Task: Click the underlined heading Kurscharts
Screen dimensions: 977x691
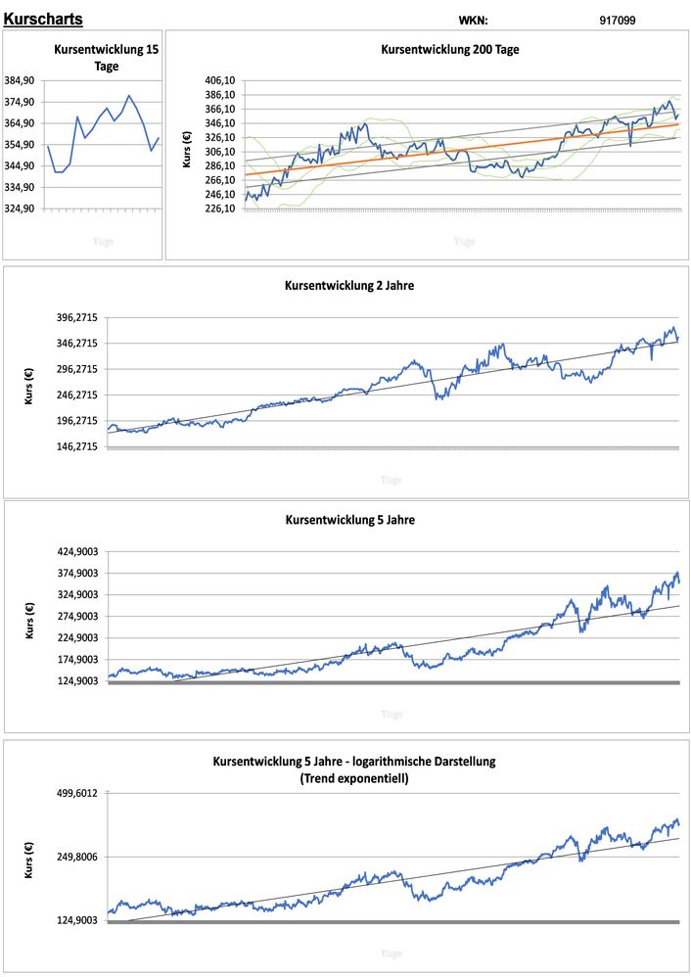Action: pyautogui.click(x=43, y=19)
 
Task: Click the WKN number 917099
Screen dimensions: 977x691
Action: pyautogui.click(x=618, y=20)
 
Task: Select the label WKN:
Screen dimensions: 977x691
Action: pyautogui.click(x=473, y=20)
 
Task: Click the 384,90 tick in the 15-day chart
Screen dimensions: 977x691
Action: pyautogui.click(x=21, y=81)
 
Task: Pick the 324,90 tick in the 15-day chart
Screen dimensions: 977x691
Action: pyautogui.click(x=21, y=209)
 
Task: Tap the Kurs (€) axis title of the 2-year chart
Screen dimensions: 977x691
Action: pyautogui.click(x=29, y=386)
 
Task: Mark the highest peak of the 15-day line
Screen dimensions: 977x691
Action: pyautogui.click(x=129, y=96)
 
